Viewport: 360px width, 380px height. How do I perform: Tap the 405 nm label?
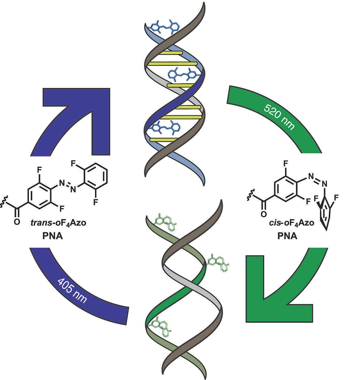pos(73,289)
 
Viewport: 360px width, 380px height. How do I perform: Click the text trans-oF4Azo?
pos(57,223)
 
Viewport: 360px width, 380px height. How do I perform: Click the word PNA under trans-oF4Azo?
pos(52,235)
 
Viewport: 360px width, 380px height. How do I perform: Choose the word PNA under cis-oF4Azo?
pos(288,235)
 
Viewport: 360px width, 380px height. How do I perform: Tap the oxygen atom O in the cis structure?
pos(264,214)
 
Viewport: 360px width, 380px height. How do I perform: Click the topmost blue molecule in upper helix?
pos(163,27)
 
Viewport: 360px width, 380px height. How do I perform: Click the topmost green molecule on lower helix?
pos(163,221)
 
